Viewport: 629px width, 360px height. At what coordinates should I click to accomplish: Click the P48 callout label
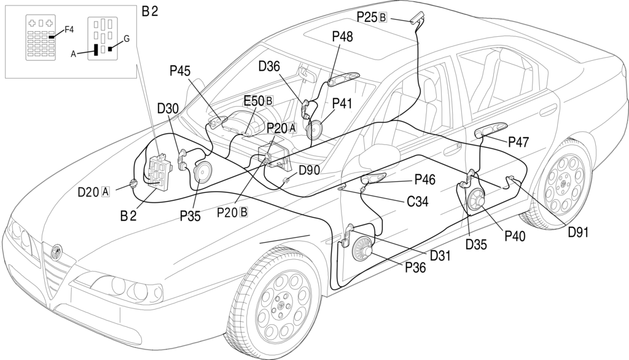pyautogui.click(x=342, y=37)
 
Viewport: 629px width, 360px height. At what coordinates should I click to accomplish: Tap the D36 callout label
pyautogui.click(x=270, y=66)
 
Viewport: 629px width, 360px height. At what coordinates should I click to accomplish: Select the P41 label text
pyautogui.click(x=342, y=103)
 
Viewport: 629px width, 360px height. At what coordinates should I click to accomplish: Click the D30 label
pyautogui.click(x=167, y=108)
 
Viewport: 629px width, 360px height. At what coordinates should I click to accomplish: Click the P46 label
pyautogui.click(x=425, y=179)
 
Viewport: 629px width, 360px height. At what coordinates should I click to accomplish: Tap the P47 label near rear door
pyautogui.click(x=519, y=142)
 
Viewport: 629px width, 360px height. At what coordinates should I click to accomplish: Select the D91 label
pyautogui.click(x=579, y=232)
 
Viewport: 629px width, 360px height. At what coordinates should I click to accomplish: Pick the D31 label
pyautogui.click(x=440, y=254)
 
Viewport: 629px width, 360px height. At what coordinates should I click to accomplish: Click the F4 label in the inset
pyautogui.click(x=69, y=29)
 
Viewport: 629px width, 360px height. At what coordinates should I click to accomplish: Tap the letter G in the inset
pyautogui.click(x=127, y=39)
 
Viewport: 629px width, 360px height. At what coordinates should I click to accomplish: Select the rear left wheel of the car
pyautogui.click(x=562, y=178)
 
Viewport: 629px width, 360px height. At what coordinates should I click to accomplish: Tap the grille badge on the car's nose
pyautogui.click(x=57, y=250)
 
